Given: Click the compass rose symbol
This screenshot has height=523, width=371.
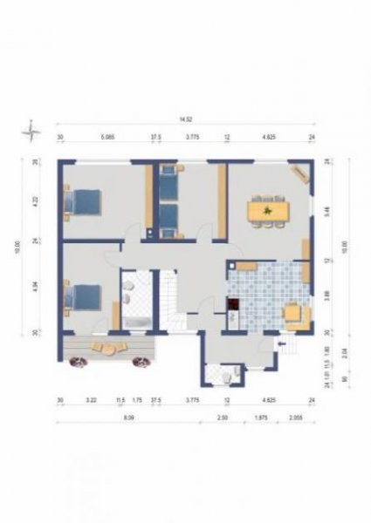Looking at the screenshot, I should [32, 132].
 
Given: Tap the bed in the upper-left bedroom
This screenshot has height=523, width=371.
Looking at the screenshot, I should [83, 202].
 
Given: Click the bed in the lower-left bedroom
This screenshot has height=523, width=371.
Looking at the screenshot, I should [84, 299].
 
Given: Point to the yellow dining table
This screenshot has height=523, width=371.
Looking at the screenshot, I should [267, 211].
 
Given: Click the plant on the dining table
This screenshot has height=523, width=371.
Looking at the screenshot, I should [268, 209].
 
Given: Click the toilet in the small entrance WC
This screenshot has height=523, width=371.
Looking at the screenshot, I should [227, 376].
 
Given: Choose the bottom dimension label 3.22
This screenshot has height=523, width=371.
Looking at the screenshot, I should [90, 402].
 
